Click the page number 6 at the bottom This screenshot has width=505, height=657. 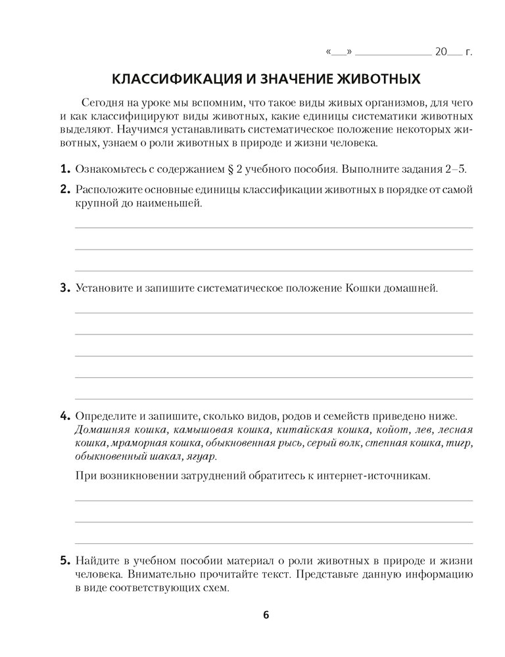pyautogui.click(x=266, y=615)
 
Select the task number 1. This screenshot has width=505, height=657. pyautogui.click(x=64, y=169)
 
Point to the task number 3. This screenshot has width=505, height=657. pyautogui.click(x=64, y=288)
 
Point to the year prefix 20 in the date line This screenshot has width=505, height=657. pyautogui.click(x=441, y=51)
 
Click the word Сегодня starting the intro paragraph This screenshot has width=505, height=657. pyautogui.click(x=103, y=104)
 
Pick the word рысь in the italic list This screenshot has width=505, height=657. pyautogui.click(x=293, y=443)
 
